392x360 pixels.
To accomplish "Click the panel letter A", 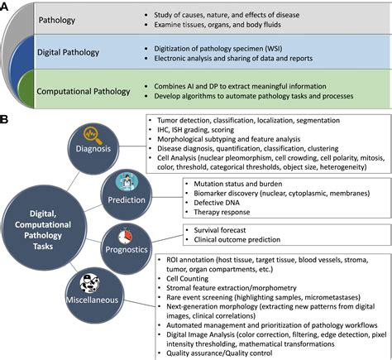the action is pyautogui.click(x=3, y=7).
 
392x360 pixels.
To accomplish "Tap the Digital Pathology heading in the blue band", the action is pyautogui.click(x=68, y=52).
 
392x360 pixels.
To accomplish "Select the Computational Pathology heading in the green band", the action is pyautogui.click(x=84, y=91).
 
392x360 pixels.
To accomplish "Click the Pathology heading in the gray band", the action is pyautogui.click(x=57, y=20).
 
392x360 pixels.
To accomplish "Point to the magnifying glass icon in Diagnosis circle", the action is pyautogui.click(x=93, y=135).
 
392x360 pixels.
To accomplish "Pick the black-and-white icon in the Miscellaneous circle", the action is pyautogui.click(x=90, y=284).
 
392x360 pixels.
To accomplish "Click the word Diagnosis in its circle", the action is pyautogui.click(x=93, y=148).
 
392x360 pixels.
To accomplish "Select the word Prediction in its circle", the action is pyautogui.click(x=127, y=199).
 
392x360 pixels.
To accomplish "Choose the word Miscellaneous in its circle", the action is pyautogui.click(x=92, y=300).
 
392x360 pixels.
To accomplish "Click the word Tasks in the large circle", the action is pyautogui.click(x=43, y=246).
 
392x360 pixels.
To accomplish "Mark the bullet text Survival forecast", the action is pyautogui.click(x=219, y=230).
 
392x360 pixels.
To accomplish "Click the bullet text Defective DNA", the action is pyautogui.click(x=217, y=203).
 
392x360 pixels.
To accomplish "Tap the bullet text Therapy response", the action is pyautogui.click(x=222, y=212).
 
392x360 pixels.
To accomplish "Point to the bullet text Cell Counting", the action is pyautogui.click(x=187, y=279).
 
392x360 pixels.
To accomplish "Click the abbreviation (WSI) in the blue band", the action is pyautogui.click(x=273, y=49).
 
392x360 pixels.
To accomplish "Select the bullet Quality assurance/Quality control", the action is pyautogui.click(x=219, y=353).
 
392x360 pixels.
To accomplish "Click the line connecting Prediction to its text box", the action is pyautogui.click(x=168, y=197).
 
